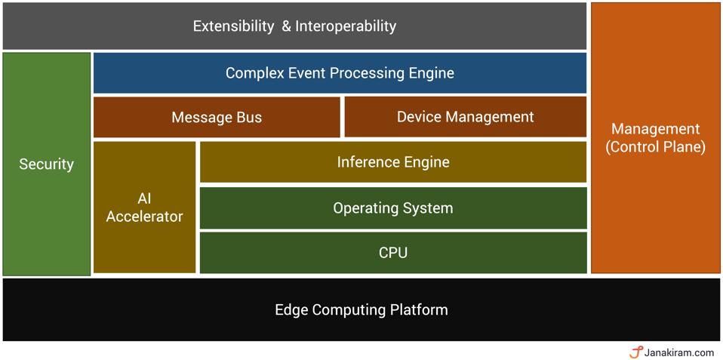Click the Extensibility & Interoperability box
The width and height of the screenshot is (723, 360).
click(x=294, y=26)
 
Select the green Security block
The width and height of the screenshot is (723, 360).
click(x=47, y=164)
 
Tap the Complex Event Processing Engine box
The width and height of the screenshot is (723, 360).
click(x=340, y=73)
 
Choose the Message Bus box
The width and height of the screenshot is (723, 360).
click(x=217, y=117)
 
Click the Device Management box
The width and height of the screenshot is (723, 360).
click(x=465, y=117)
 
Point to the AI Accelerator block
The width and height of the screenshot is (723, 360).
click(x=144, y=208)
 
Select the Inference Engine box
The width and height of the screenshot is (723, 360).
click(x=392, y=162)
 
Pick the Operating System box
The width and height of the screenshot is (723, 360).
click(x=392, y=208)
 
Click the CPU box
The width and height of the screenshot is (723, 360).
click(x=392, y=253)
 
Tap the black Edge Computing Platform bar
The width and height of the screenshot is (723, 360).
click(x=361, y=310)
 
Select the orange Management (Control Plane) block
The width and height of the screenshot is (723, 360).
click(x=655, y=137)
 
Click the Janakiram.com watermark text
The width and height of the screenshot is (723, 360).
click(x=679, y=352)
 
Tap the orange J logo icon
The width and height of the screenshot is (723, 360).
click(x=635, y=352)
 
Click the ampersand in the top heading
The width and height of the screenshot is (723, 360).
click(x=286, y=26)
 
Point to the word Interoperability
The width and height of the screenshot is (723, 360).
click(x=346, y=26)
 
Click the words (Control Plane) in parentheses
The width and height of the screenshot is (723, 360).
click(x=655, y=147)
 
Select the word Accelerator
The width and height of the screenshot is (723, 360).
click(x=144, y=217)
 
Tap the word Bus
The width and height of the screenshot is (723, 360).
click(x=248, y=117)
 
